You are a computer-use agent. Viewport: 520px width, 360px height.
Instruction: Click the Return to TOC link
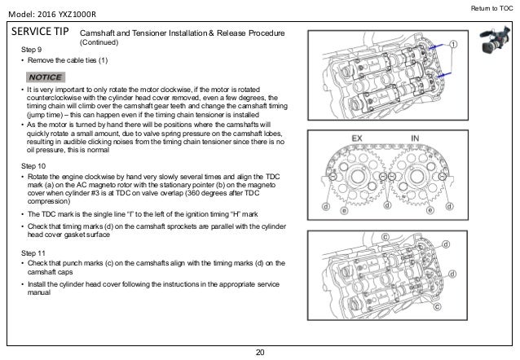491,9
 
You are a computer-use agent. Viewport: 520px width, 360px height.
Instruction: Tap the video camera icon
489,42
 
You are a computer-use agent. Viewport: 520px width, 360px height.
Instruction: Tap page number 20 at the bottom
260,351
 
